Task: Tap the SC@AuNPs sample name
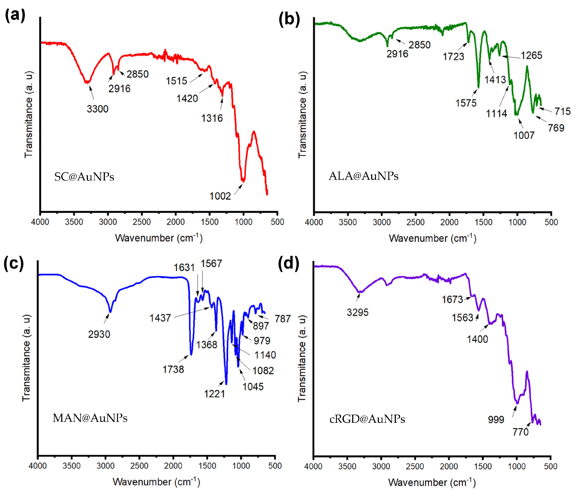84,177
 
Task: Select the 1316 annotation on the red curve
212,118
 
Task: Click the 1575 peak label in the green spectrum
466,103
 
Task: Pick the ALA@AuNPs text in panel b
364,176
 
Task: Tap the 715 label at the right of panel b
562,111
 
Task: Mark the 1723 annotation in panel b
453,57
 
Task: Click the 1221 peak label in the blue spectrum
215,394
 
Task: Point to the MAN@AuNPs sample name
90,418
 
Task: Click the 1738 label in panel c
173,370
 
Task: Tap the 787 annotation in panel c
283,319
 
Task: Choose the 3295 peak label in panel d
357,313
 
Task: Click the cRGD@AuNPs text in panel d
367,419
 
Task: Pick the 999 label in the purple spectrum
496,420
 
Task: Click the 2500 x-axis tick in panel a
142,222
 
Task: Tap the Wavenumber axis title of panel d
432,483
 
